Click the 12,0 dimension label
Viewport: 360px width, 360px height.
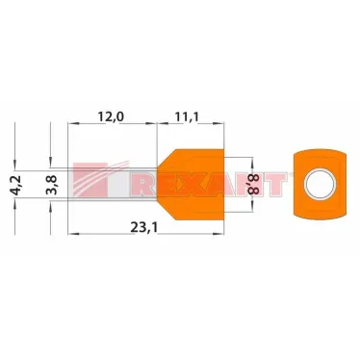111,116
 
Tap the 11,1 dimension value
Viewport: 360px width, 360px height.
187,116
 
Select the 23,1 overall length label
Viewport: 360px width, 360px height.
144,227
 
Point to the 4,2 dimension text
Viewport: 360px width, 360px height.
15,185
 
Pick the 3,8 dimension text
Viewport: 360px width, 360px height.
51,185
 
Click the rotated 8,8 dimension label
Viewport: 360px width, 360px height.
253,184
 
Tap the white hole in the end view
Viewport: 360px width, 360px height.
320,185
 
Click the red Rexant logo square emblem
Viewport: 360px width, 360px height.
90,179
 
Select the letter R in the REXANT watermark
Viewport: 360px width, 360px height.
143,185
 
